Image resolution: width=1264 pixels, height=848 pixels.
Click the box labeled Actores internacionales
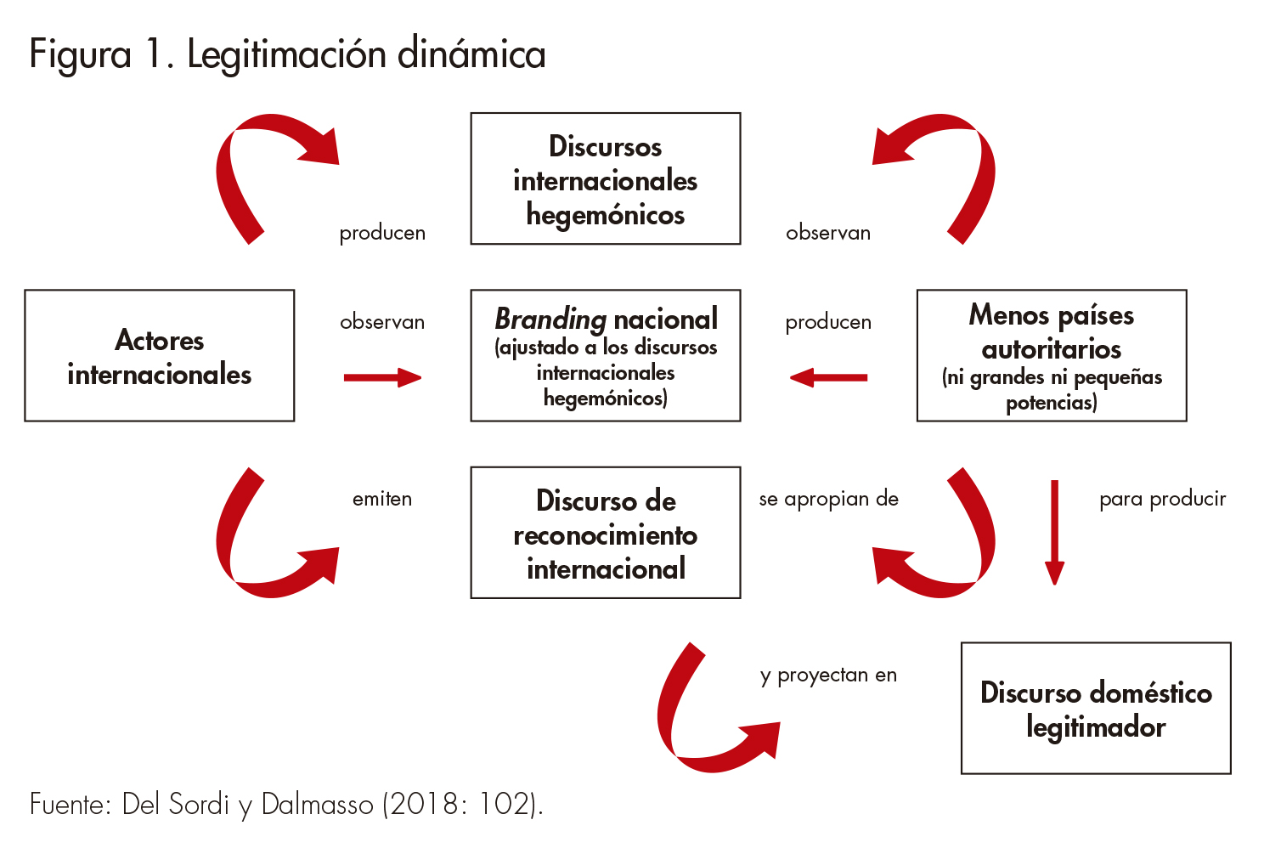pyautogui.click(x=160, y=356)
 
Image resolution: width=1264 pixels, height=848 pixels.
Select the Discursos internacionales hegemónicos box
pyautogui.click(x=606, y=179)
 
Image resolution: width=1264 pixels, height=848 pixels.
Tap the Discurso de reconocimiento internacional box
pyautogui.click(x=606, y=533)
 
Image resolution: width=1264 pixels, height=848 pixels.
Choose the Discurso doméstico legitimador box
pyautogui.click(x=1096, y=709)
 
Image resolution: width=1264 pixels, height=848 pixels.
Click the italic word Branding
pyautogui.click(x=550, y=319)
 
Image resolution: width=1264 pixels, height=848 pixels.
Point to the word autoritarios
pyautogui.click(x=1052, y=349)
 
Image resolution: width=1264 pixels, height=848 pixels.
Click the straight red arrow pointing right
pyautogui.click(x=382, y=378)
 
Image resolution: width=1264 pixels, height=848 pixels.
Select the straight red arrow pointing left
pyautogui.click(x=828, y=378)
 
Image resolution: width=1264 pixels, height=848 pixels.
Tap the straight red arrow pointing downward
pyautogui.click(x=1054, y=532)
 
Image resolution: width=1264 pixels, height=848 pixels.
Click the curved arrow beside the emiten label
pyautogui.click(x=255, y=552)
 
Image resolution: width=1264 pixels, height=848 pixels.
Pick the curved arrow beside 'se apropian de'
pyautogui.click(x=951, y=552)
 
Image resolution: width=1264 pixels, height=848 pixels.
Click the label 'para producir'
pyautogui.click(x=1162, y=499)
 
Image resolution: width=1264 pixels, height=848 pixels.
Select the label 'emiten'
pyautogui.click(x=382, y=499)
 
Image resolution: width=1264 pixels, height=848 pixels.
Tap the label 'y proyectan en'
pyautogui.click(x=828, y=676)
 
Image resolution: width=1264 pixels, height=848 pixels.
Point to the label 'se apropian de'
pyautogui.click(x=828, y=499)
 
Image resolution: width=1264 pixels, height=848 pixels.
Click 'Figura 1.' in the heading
pyautogui.click(x=102, y=54)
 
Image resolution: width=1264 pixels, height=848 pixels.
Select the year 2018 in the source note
pyautogui.click(x=426, y=804)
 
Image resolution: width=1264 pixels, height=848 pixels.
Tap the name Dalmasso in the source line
pyautogui.click(x=317, y=804)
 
